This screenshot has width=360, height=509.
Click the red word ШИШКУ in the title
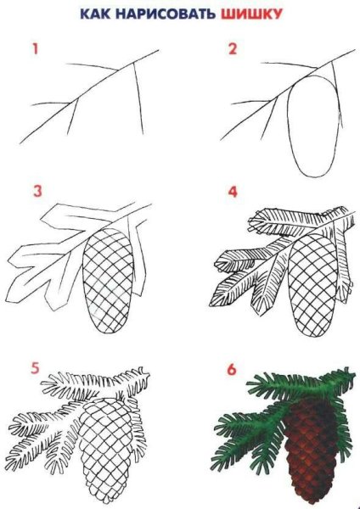click(253, 14)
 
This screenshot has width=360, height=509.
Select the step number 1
click(36, 49)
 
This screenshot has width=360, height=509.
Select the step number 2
click(230, 49)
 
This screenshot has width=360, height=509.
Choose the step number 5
click(36, 371)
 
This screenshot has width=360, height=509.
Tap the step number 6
click(231, 371)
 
